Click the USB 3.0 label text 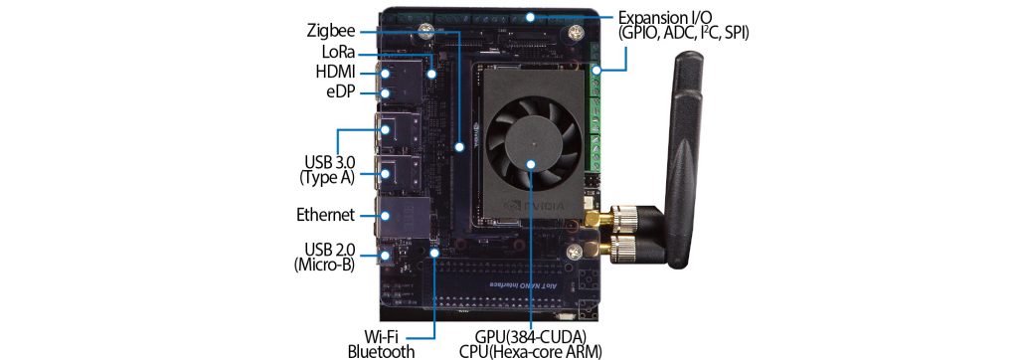[x=328, y=161]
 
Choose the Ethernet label [x=325, y=214]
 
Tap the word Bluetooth [x=380, y=351]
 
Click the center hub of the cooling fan [x=531, y=161]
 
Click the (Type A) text [x=327, y=177]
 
